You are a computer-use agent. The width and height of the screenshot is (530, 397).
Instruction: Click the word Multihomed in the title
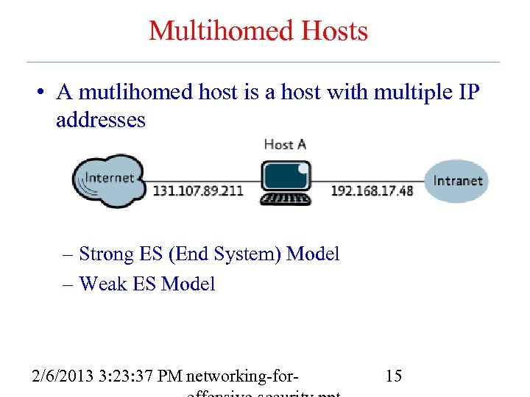click(x=213, y=31)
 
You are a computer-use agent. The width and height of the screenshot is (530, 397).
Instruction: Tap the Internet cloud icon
click(x=107, y=180)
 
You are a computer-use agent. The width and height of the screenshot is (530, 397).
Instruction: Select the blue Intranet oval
click(x=456, y=181)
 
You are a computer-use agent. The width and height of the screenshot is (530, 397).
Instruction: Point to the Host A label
click(x=284, y=144)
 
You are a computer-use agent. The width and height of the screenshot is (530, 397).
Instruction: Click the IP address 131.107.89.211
click(x=197, y=190)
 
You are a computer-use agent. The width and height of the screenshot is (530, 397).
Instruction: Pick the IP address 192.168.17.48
click(x=372, y=190)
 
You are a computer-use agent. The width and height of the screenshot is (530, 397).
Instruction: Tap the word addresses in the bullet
click(x=101, y=120)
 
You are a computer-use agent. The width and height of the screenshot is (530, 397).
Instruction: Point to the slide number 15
click(x=393, y=376)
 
